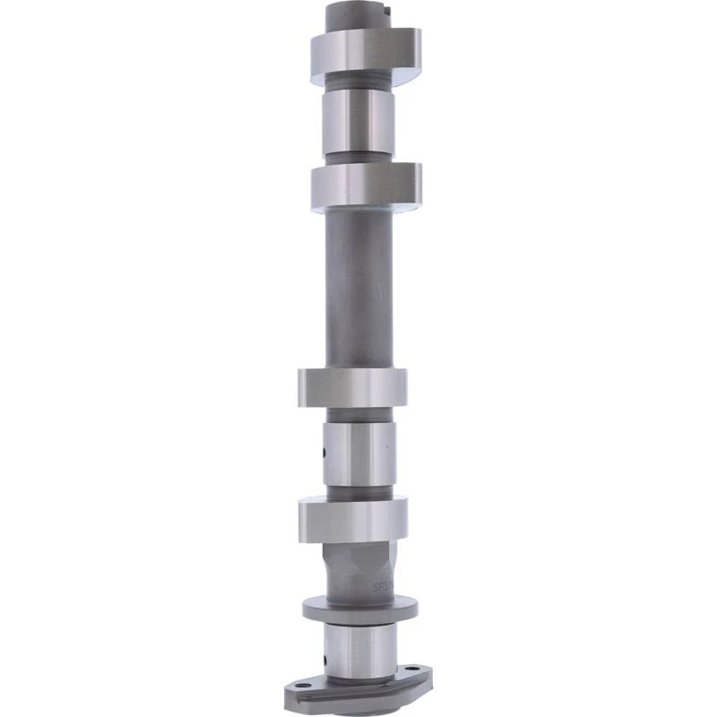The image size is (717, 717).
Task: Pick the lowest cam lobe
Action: pos(353,518)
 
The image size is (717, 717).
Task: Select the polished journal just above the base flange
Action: pos(359,650)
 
